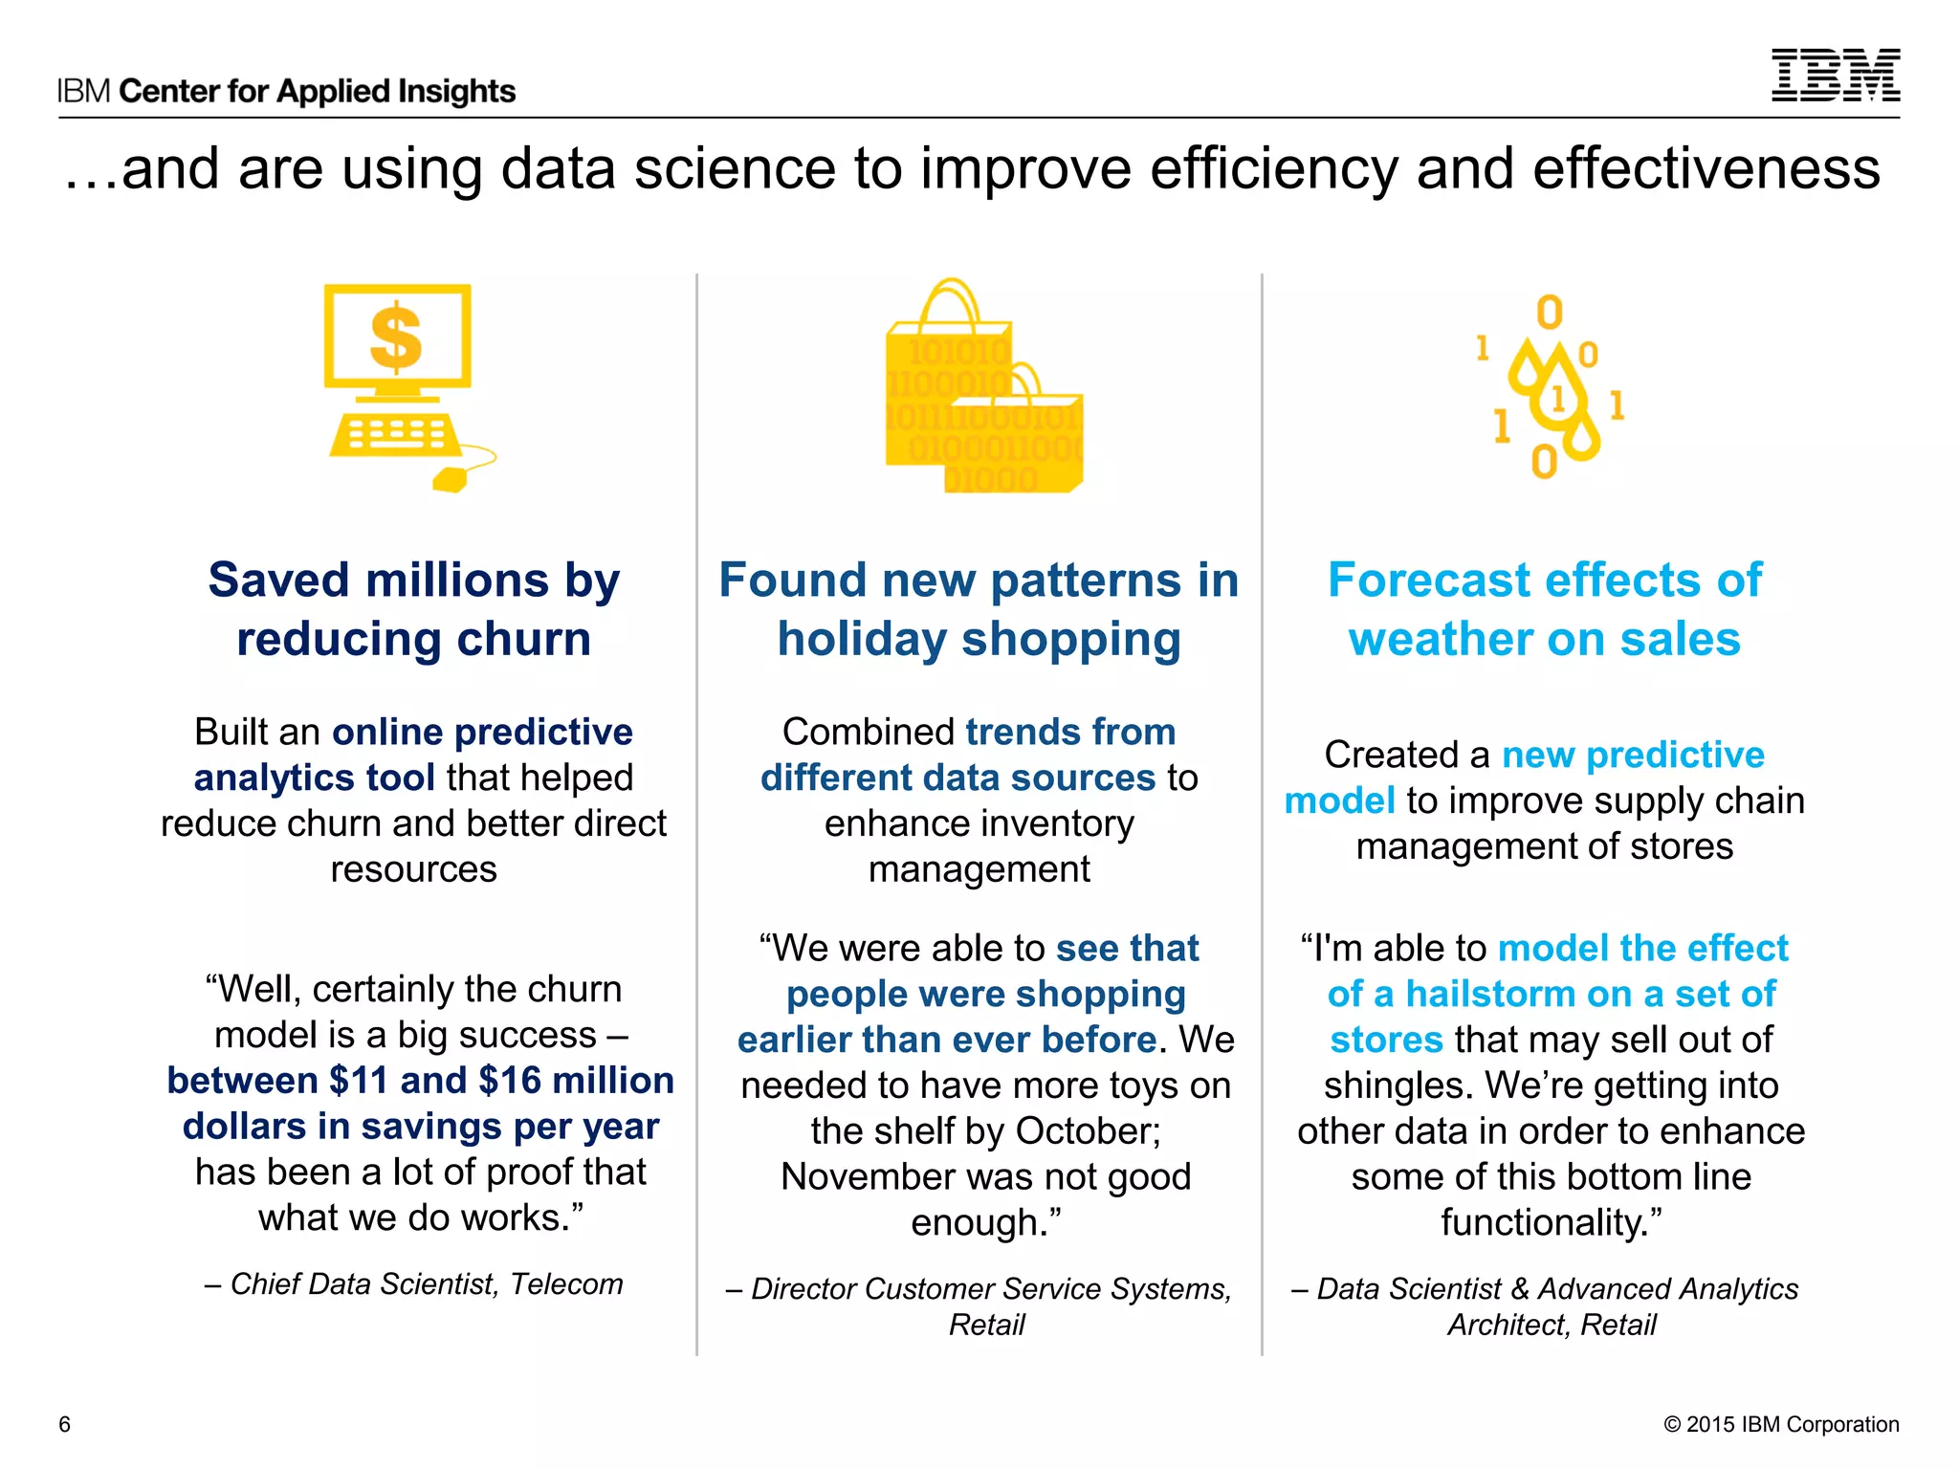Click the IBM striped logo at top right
[x=1835, y=76]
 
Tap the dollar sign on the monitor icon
[x=396, y=338]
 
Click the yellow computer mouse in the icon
[x=450, y=478]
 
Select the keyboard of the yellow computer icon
[x=394, y=435]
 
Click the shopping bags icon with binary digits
[x=983, y=392]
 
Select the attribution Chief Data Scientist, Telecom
[x=414, y=1284]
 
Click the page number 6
[x=65, y=1424]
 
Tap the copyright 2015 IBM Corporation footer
[x=1781, y=1424]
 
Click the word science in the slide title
[x=736, y=169]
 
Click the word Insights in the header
[x=456, y=92]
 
